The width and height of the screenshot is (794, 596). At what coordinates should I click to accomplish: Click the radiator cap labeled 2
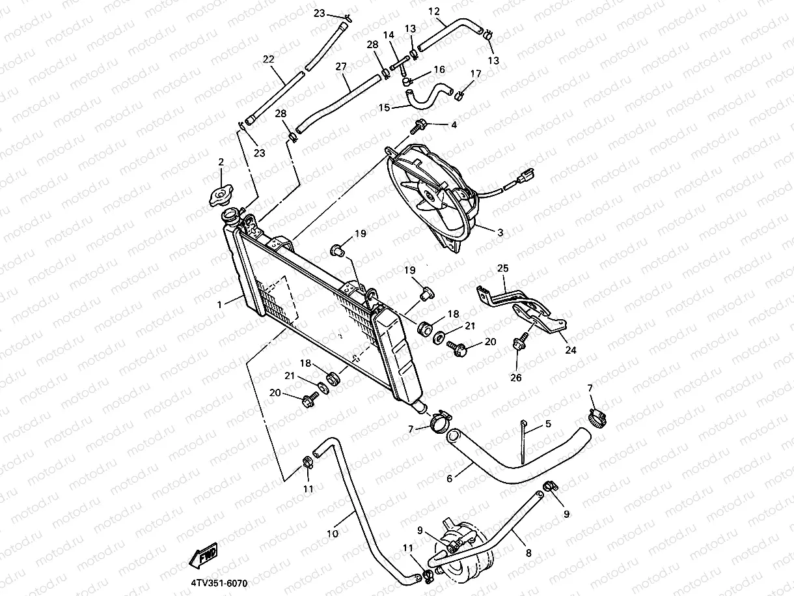(x=221, y=195)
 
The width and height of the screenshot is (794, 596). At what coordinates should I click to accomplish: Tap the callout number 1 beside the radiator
(x=220, y=304)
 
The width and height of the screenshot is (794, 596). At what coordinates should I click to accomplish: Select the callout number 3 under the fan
(x=500, y=232)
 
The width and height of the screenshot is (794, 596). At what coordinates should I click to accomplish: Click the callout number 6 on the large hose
(x=449, y=478)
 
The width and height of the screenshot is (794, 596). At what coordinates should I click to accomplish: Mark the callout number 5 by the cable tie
(x=548, y=423)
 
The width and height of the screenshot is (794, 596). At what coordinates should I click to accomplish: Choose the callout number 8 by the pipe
(x=528, y=553)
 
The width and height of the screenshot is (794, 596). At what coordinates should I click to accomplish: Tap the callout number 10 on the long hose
(x=332, y=533)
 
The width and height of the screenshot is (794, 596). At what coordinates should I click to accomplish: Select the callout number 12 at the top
(x=434, y=11)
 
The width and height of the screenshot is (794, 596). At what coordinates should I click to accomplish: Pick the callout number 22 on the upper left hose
(x=268, y=59)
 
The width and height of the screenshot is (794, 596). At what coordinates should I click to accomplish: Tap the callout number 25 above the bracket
(x=502, y=268)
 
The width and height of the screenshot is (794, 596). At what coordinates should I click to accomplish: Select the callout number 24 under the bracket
(x=570, y=350)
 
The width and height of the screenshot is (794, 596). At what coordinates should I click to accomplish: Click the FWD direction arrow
(x=204, y=556)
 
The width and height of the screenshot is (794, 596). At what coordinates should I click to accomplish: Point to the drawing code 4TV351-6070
(x=219, y=584)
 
